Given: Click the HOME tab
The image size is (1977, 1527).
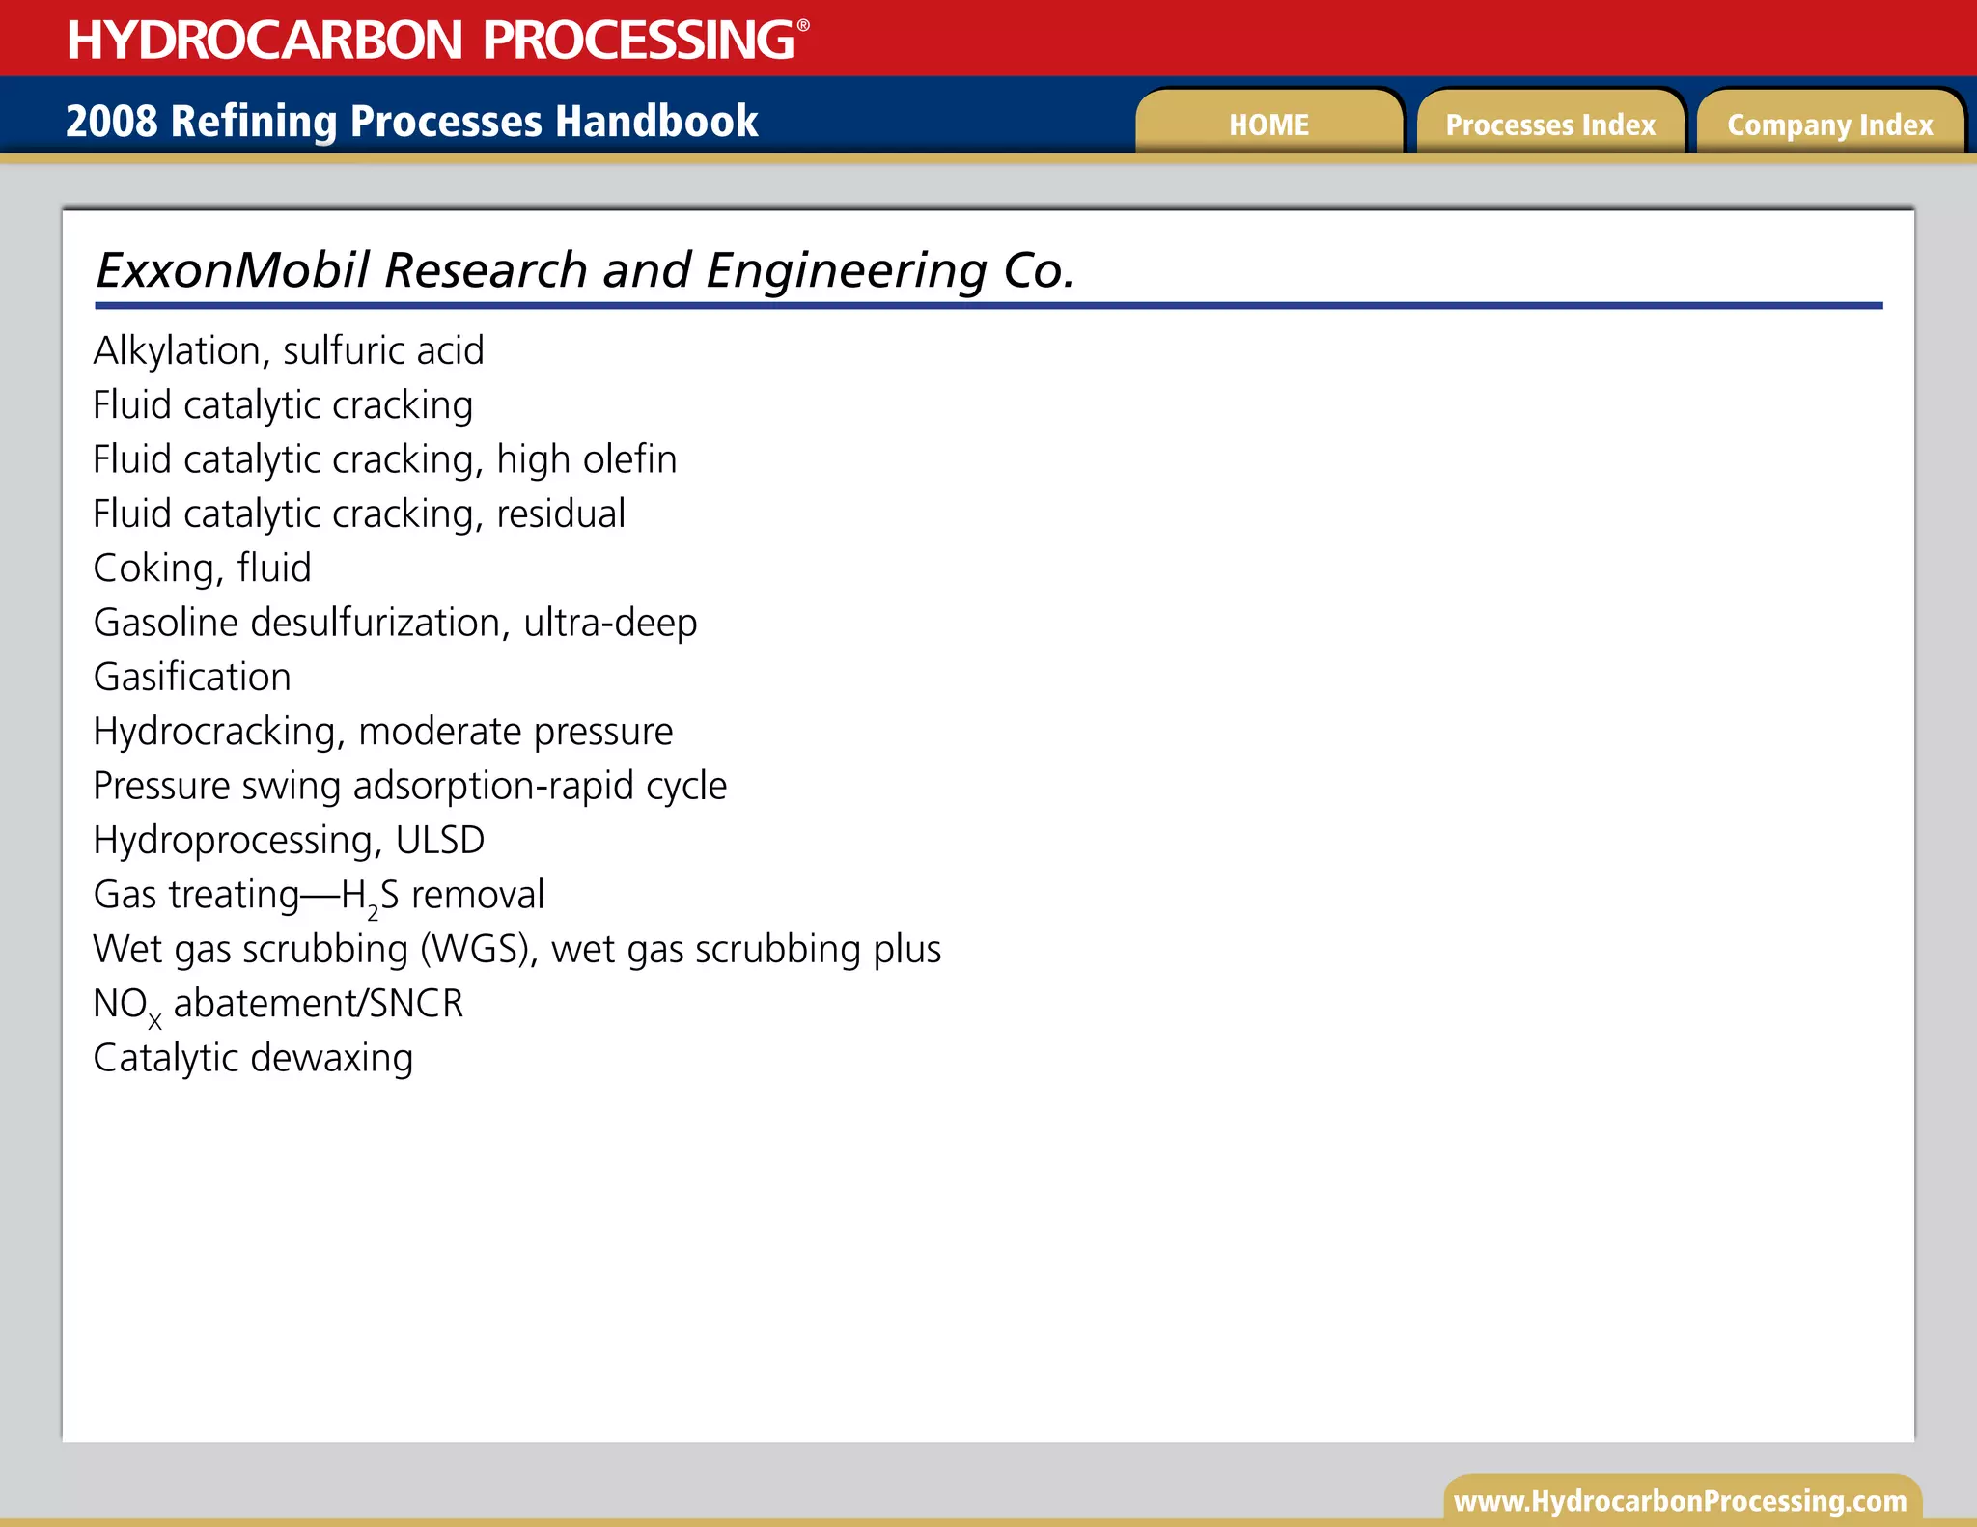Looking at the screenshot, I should point(1268,125).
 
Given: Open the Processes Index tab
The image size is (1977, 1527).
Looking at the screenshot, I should point(1550,125).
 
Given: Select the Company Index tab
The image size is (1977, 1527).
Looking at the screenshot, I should point(1830,125).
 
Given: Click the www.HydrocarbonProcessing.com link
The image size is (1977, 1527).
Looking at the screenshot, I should point(1681,1501).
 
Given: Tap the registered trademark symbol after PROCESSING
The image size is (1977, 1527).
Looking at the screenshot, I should point(803,26).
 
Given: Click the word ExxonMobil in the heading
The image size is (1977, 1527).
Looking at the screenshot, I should point(233,270).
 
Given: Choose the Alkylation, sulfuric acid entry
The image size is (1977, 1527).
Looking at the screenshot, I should point(289,350).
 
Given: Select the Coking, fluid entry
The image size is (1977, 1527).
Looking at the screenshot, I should point(202,568).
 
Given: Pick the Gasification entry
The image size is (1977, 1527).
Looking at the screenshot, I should point(192,677).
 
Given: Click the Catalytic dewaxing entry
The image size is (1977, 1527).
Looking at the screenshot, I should point(253,1058).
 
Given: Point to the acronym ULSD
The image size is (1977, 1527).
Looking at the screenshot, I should point(440,840).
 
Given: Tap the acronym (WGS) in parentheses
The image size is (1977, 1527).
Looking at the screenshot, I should point(479,949).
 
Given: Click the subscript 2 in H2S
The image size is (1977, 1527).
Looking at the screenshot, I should point(374,911).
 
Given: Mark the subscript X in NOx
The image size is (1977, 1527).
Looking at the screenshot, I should point(155,1020).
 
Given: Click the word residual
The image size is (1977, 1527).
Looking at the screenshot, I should point(561,514).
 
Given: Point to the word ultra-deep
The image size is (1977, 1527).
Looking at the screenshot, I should point(610,623).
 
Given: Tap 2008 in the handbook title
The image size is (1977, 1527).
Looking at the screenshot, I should point(111,122).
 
